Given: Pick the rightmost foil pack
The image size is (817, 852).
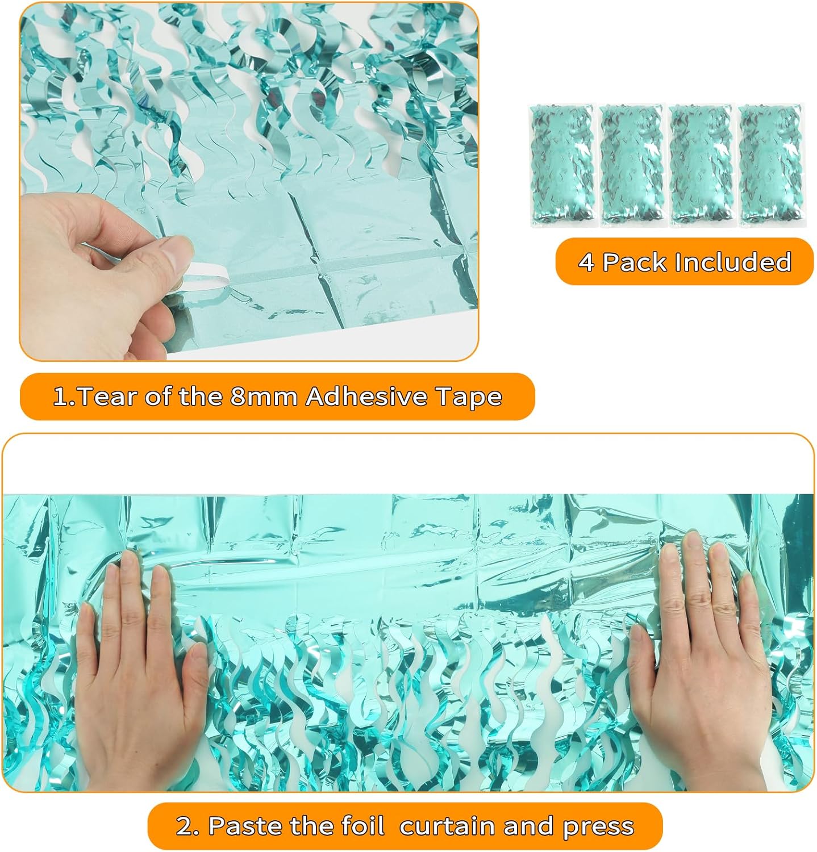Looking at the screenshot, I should point(771,166).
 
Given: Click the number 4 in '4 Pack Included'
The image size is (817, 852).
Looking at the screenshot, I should point(587,262).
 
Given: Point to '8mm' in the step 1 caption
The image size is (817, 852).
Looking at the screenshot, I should point(264,396).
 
